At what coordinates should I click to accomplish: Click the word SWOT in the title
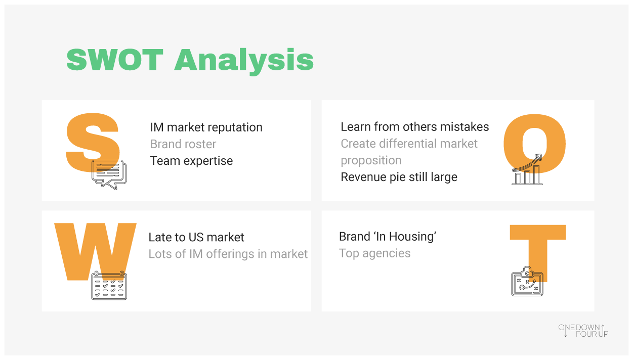coord(115,60)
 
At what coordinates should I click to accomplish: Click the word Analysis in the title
coord(244,62)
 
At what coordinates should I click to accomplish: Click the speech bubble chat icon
coord(109,174)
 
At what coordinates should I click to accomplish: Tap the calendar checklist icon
coord(109,286)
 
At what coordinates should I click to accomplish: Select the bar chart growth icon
coord(527,169)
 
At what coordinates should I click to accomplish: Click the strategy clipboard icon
coord(527,282)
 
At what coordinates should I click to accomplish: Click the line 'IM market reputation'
coord(206,127)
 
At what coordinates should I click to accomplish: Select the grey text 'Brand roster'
coord(183,144)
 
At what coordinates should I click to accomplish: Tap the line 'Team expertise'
coord(191,161)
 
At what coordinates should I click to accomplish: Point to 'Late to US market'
coord(196,237)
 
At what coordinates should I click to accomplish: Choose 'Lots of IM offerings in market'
coord(228,254)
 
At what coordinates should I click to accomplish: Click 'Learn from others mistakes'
coord(414,127)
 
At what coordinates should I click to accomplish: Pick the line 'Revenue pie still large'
coord(399,177)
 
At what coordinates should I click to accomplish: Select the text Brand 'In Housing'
coord(388,237)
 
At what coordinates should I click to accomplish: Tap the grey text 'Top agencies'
coord(375,253)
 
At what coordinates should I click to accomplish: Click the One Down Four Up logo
coord(583,331)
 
